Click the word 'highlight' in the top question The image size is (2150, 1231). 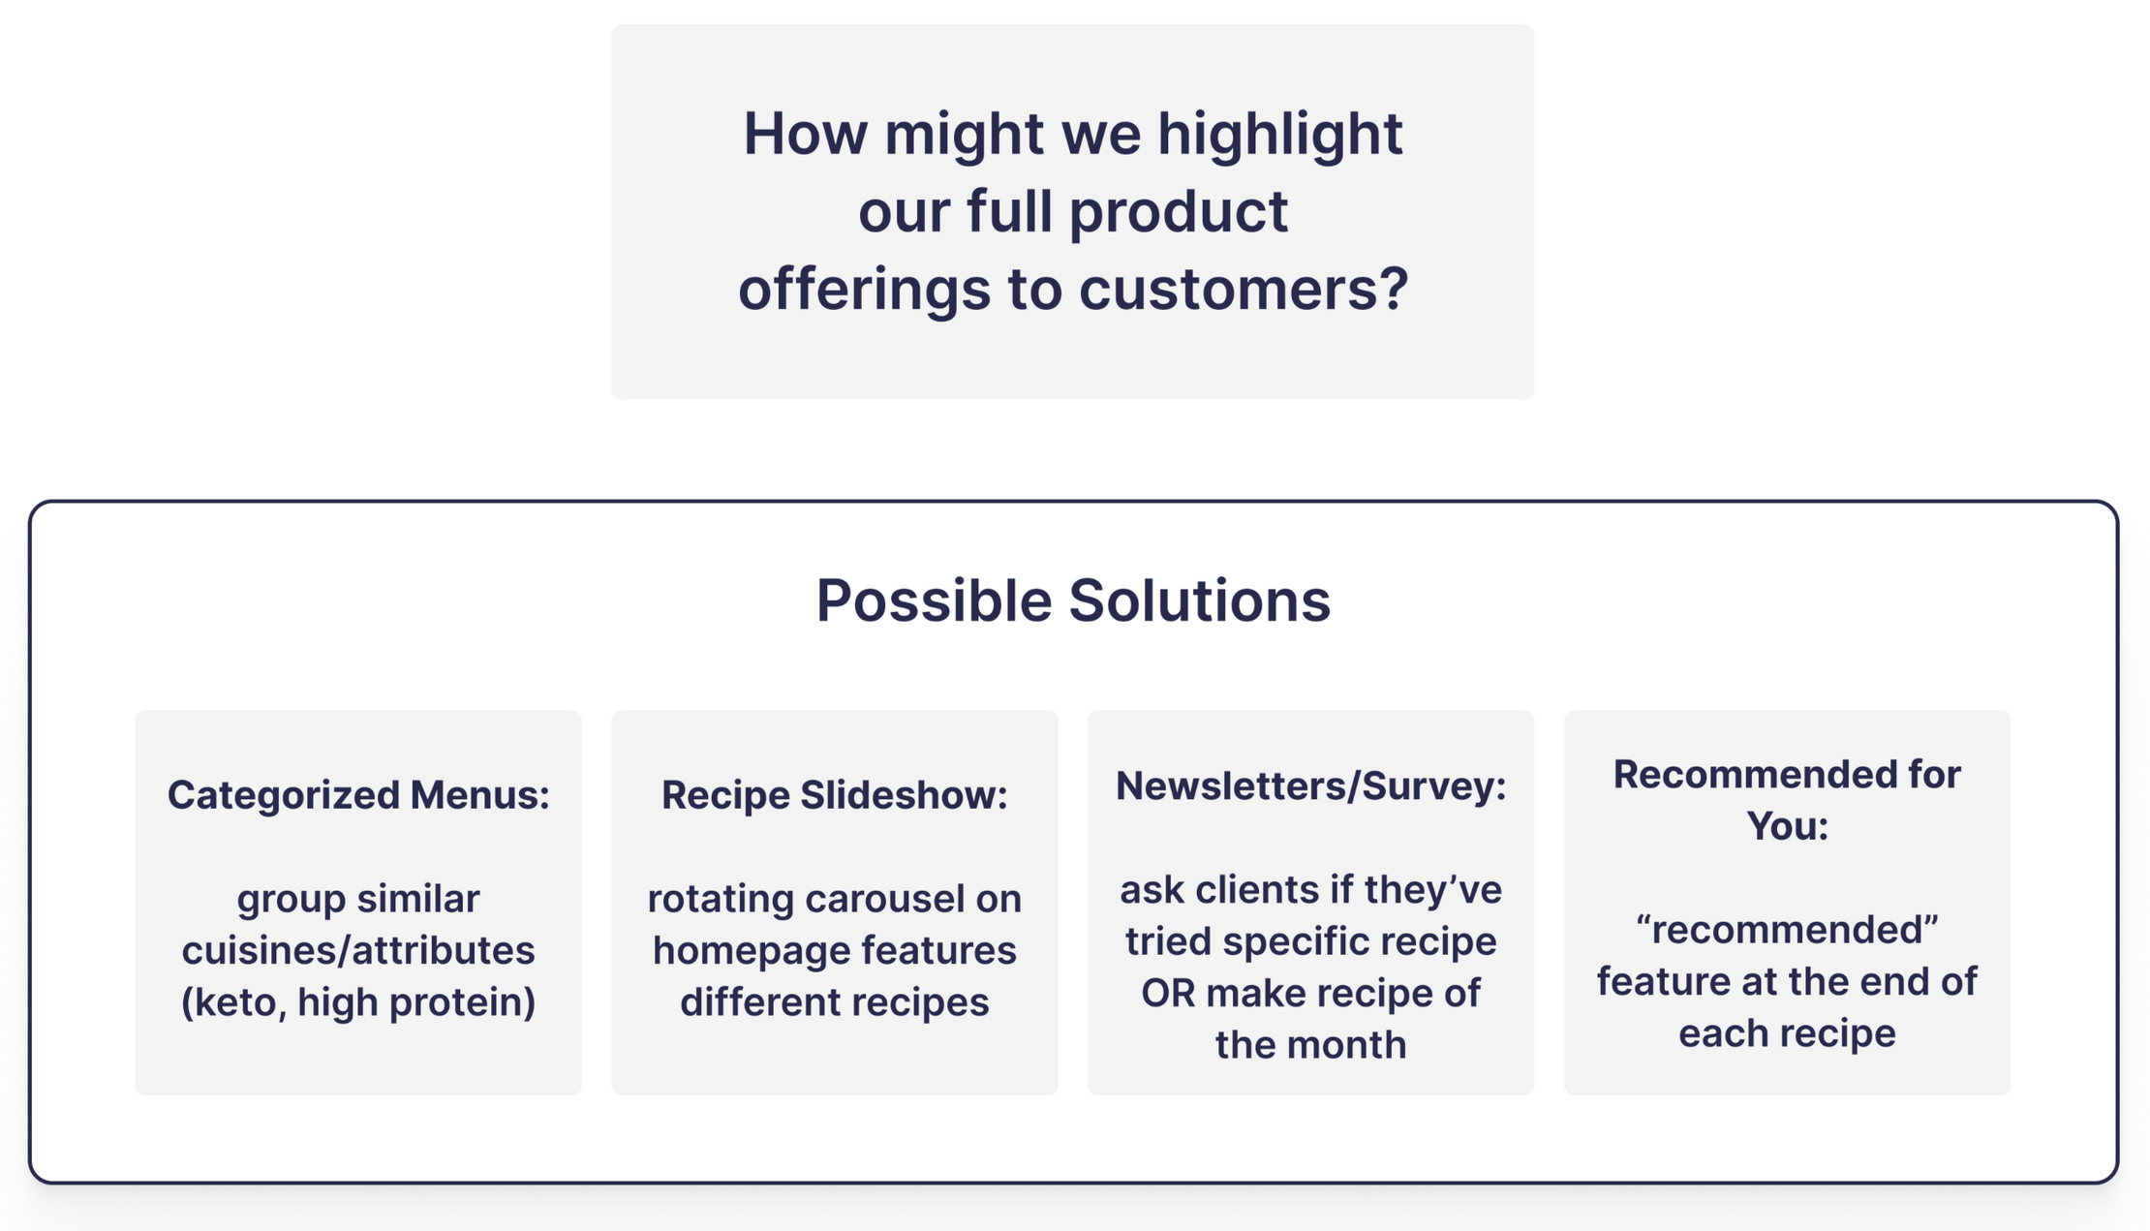(1279, 136)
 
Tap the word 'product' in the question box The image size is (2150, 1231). (1179, 213)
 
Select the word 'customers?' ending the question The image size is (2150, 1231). (1244, 289)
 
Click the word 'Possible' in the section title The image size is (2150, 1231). (934, 600)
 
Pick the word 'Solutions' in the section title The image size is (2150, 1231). (1200, 600)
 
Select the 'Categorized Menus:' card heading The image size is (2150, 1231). (358, 794)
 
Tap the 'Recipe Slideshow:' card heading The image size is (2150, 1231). (835, 794)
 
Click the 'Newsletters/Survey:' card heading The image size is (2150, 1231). (1311, 785)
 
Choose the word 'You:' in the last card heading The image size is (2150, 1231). (1787, 826)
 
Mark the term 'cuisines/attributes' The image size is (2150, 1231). (358, 950)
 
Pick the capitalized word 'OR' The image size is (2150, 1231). (1168, 993)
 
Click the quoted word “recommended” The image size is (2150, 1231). (1787, 930)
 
